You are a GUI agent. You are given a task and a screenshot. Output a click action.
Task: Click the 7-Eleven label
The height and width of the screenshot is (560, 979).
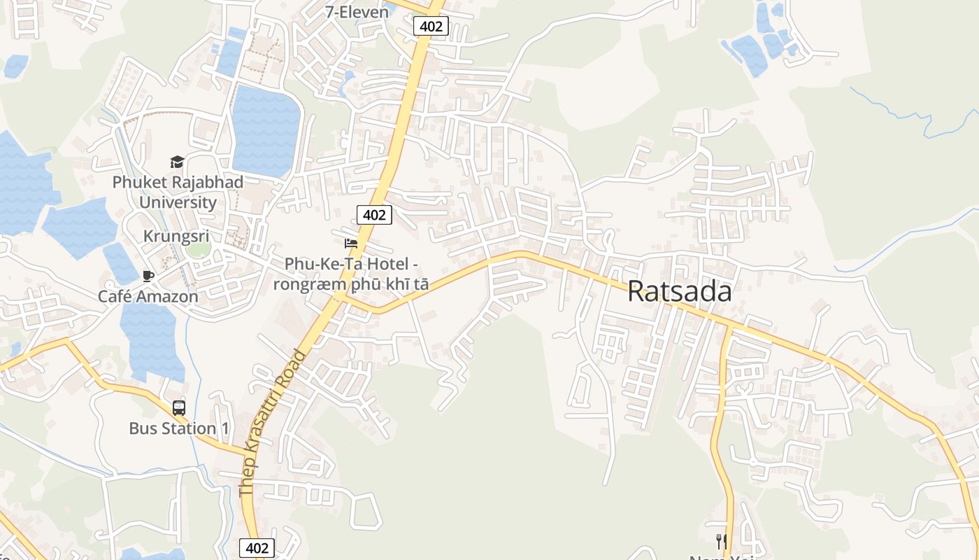coord(357,11)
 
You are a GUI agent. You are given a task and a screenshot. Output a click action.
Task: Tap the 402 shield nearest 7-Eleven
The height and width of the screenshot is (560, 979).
coord(430,27)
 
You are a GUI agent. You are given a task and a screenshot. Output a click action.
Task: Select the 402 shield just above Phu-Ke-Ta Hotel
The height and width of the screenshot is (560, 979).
coord(374,215)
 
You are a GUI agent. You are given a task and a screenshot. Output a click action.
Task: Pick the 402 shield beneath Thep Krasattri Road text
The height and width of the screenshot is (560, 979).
coord(257,547)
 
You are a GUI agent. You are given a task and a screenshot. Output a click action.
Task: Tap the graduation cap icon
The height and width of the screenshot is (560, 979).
coord(177,162)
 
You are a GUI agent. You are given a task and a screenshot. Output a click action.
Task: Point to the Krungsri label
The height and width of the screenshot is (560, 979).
coord(176,236)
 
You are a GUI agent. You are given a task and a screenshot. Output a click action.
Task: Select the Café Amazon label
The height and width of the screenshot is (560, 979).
coord(148,296)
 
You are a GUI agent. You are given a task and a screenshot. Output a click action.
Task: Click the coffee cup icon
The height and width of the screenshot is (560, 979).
coord(148,276)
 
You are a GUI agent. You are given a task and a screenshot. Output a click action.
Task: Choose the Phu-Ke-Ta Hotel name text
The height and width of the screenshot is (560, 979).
coord(351,264)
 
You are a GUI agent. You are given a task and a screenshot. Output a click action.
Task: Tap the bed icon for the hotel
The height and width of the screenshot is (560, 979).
coord(351,244)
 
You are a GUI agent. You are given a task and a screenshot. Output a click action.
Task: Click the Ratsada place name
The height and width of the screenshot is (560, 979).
coord(679,291)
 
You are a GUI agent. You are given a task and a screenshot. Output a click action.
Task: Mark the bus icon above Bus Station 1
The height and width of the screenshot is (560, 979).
coord(179,408)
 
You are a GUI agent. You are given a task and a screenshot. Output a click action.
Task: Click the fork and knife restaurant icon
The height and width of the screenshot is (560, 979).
coord(721,541)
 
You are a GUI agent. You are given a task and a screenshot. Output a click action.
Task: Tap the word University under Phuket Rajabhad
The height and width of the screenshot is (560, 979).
coord(178,203)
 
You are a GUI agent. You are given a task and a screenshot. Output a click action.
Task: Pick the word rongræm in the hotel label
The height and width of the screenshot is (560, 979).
coord(302,284)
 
